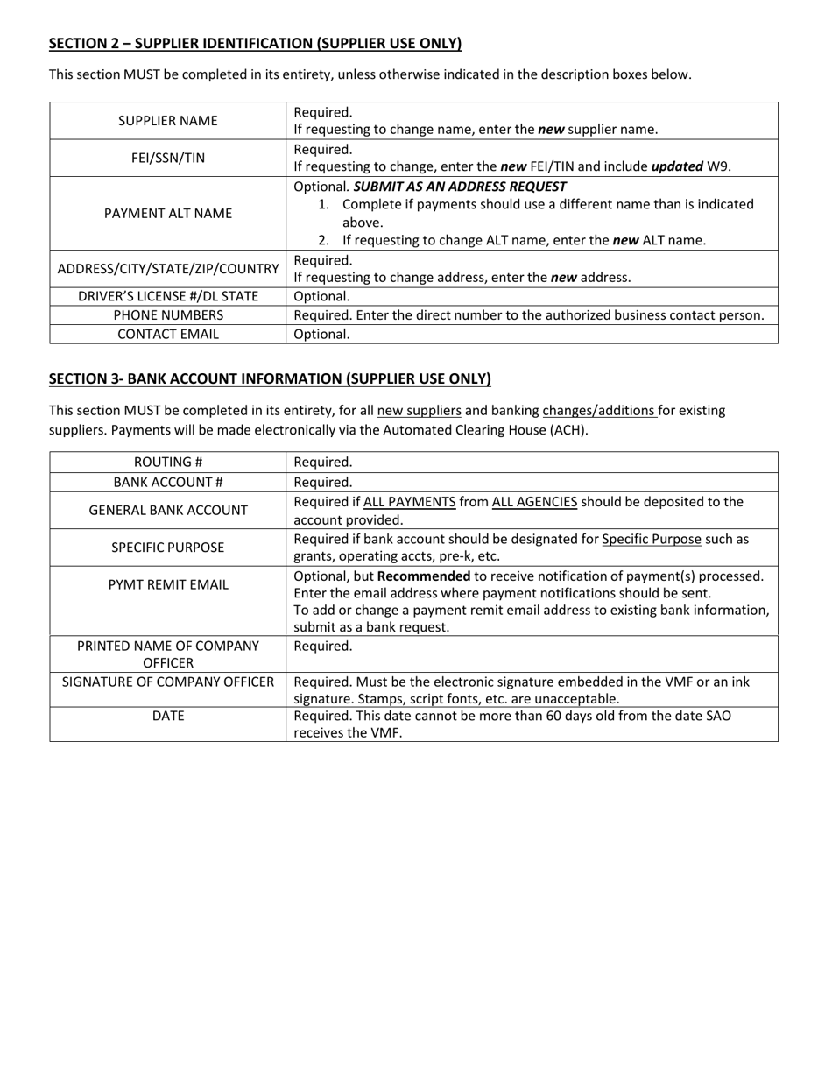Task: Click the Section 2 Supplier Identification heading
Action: click(x=255, y=44)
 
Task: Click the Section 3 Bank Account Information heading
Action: click(x=270, y=378)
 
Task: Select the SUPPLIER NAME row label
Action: click(x=168, y=121)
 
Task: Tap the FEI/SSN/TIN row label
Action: click(x=168, y=158)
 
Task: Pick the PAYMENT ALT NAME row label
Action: click(x=168, y=213)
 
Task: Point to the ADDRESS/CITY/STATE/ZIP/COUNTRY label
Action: click(x=168, y=269)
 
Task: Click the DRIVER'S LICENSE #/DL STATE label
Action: click(x=168, y=296)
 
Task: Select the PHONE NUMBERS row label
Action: click(x=168, y=314)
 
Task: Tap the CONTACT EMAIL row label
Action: click(x=168, y=334)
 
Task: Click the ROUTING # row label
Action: click(x=168, y=462)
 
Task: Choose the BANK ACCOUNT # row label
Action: click(x=168, y=482)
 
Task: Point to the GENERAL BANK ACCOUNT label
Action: click(x=168, y=510)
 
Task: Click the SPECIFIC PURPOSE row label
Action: click(x=168, y=548)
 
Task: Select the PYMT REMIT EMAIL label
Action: click(x=168, y=584)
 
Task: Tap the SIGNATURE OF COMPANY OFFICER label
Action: click(x=168, y=682)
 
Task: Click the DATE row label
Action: click(x=168, y=716)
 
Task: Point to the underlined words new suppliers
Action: click(x=419, y=410)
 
